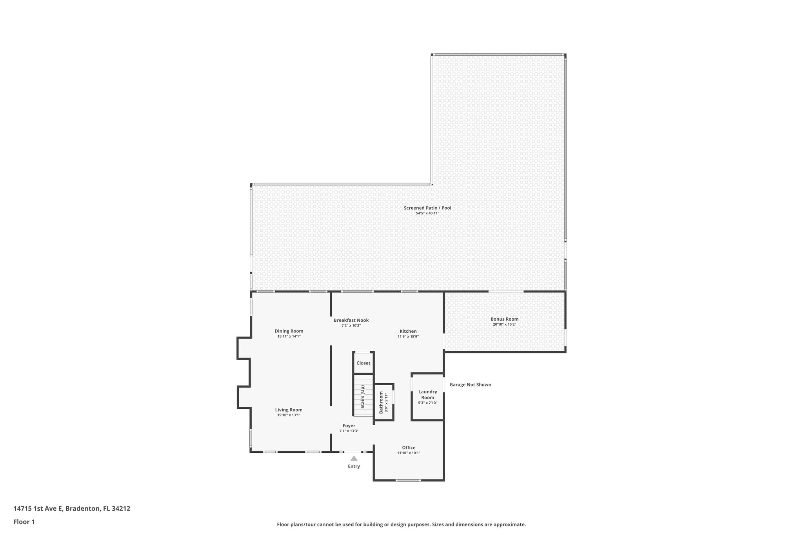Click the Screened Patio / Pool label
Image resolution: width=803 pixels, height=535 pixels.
coord(427,208)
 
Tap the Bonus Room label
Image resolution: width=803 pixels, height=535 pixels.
coord(504,319)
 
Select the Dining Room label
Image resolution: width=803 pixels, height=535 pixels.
coord(289,331)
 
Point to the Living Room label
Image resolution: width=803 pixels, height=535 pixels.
coord(289,410)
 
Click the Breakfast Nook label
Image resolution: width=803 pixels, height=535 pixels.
coord(351,320)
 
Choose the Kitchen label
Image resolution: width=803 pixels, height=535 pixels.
coord(408,331)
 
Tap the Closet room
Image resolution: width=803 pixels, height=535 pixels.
coord(363,363)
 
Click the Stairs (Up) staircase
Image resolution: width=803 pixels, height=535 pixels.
coord(363,396)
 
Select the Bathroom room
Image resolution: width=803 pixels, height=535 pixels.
coord(383,402)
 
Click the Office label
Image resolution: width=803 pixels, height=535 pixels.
coord(409,448)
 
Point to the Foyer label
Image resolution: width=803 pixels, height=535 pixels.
coord(349,426)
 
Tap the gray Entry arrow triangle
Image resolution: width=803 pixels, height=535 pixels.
coord(354,458)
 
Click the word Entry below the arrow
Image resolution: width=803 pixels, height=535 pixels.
coord(354,466)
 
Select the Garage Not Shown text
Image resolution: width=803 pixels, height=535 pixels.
coord(470,384)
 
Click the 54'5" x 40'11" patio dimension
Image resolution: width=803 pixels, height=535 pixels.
coord(427,213)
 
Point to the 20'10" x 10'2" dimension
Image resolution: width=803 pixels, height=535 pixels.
coord(504,325)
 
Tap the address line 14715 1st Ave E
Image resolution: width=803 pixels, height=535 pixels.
coord(72,508)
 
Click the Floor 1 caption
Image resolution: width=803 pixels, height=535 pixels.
coord(24,522)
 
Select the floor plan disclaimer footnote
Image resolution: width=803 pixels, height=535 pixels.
coord(401,524)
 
